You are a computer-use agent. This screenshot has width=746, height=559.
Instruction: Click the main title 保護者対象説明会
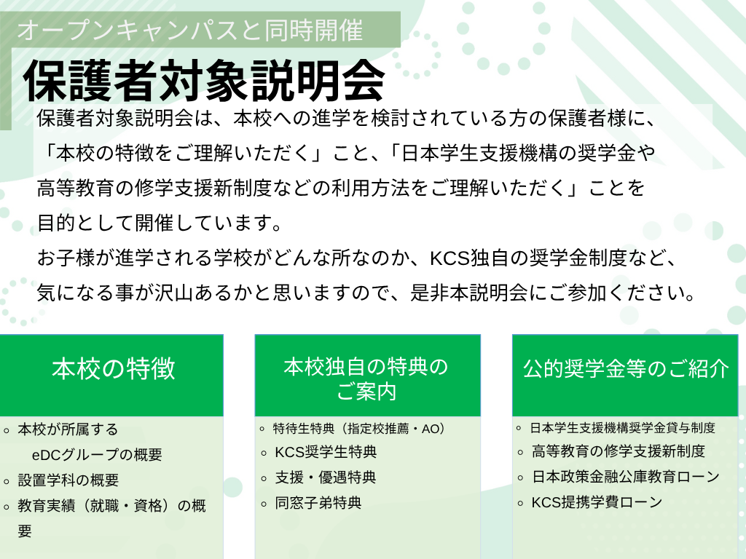click(x=204, y=81)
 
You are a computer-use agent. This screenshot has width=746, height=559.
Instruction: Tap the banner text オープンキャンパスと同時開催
click(x=190, y=30)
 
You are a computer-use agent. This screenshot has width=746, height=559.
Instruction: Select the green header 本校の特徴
click(x=114, y=369)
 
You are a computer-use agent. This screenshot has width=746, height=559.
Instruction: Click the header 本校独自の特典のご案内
click(x=366, y=378)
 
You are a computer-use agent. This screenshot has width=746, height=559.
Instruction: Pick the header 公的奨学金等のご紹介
click(x=626, y=369)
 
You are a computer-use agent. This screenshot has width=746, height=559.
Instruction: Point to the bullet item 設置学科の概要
click(x=68, y=480)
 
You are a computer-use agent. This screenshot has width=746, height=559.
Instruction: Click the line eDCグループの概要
click(x=97, y=455)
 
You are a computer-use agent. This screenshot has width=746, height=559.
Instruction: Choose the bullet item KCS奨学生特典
click(x=326, y=452)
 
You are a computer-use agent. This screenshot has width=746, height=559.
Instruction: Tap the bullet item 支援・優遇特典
click(x=326, y=477)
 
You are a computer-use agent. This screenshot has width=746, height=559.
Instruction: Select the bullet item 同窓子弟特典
click(x=318, y=502)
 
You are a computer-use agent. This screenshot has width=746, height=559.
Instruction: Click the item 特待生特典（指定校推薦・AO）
click(x=360, y=428)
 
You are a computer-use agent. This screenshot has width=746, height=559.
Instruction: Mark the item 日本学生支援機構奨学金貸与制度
click(x=623, y=428)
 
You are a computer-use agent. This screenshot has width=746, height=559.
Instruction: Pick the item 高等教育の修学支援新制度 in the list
click(x=618, y=451)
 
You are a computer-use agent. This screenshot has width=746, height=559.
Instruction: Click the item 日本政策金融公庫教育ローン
click(x=626, y=476)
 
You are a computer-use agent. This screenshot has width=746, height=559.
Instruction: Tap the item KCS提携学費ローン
click(x=597, y=502)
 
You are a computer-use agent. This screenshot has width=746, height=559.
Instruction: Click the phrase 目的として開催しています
click(x=154, y=223)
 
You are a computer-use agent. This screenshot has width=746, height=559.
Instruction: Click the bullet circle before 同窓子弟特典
click(x=264, y=504)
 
